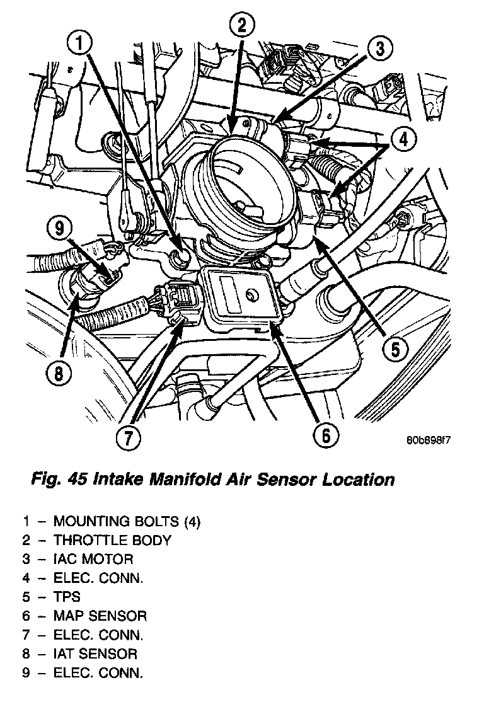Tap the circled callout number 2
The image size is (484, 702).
243,27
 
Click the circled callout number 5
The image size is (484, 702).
394,348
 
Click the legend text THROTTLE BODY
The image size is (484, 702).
112,540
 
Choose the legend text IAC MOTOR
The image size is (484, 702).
93,559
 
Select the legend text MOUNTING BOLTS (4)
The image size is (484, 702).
127,521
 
